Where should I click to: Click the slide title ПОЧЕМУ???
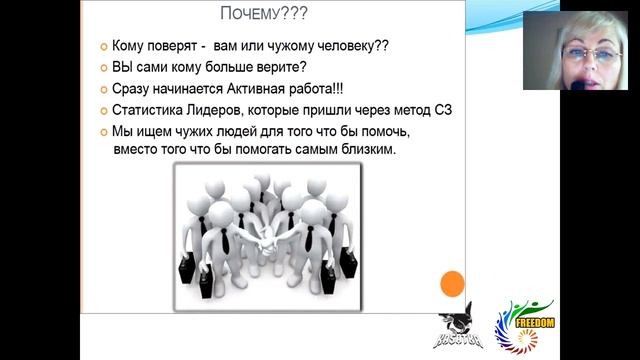[x=263, y=14]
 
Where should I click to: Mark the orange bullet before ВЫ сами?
[x=103, y=69]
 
